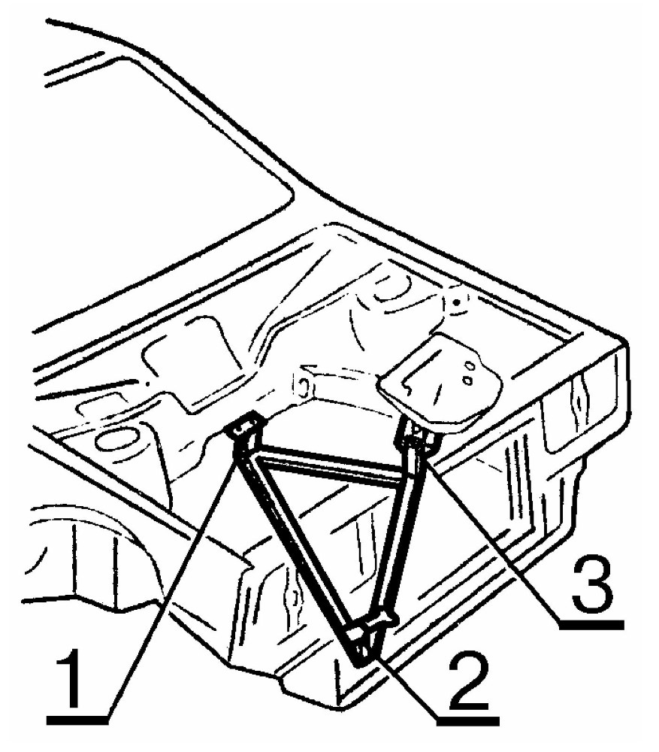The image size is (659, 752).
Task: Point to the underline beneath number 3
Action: pyautogui.click(x=591, y=623)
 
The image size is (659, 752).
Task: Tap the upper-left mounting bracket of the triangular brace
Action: pyautogui.click(x=246, y=429)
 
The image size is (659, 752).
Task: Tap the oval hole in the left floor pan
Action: pyautogui.click(x=117, y=439)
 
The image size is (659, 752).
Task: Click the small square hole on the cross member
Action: pyautogui.click(x=302, y=387)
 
